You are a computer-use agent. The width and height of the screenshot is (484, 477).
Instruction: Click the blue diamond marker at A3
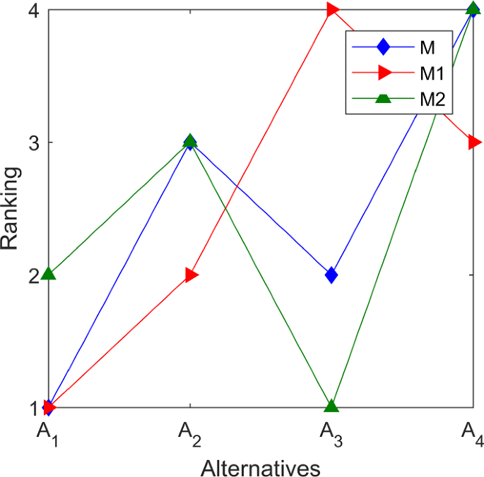[331, 274]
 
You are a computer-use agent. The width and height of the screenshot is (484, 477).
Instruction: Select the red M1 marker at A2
[191, 274]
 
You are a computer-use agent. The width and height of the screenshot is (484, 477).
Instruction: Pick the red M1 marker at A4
[474, 143]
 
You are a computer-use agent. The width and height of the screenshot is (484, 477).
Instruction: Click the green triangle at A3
[331, 406]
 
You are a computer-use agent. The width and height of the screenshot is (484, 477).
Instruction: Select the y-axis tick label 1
[33, 407]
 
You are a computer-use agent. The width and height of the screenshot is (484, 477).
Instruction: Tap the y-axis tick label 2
[33, 275]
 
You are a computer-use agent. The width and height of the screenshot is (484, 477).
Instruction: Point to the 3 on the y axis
[33, 143]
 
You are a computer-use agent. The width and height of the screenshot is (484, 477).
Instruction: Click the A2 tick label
[190, 431]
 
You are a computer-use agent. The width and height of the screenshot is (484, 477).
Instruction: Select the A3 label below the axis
[331, 431]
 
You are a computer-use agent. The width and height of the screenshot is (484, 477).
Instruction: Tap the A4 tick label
[473, 431]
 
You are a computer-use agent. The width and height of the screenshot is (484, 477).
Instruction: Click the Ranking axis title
[10, 209]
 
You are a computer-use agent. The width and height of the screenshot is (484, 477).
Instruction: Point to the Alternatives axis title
[261, 466]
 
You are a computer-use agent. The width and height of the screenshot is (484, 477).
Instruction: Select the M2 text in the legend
[431, 99]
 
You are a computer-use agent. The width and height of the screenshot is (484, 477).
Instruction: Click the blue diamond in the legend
[383, 47]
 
